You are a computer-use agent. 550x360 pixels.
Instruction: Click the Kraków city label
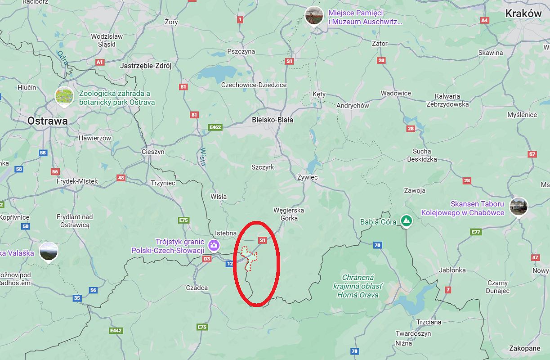[x=523, y=13]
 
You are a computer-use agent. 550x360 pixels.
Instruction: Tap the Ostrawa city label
[x=47, y=121]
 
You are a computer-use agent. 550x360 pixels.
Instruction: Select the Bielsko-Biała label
[x=273, y=120]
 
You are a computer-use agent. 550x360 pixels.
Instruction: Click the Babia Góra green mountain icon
[x=407, y=221]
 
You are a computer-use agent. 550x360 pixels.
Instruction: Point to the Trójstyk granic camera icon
[x=214, y=245]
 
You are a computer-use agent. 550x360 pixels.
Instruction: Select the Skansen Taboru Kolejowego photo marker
[x=518, y=207]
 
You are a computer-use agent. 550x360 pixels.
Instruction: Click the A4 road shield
[x=484, y=20]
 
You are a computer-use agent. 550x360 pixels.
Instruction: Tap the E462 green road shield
[x=215, y=127]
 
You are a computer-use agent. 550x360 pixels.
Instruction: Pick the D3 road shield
[x=207, y=259]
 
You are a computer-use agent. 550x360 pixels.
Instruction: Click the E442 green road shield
[x=116, y=331]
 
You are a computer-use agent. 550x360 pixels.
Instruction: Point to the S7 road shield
[x=532, y=154]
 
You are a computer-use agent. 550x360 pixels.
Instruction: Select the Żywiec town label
[x=308, y=177]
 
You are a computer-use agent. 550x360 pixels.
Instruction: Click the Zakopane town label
[x=525, y=348]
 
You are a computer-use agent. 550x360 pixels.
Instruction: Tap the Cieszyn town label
[x=153, y=152]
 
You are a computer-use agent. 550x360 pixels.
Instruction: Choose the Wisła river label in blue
[x=203, y=157]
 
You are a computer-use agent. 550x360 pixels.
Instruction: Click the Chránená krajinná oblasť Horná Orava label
[x=358, y=286]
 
